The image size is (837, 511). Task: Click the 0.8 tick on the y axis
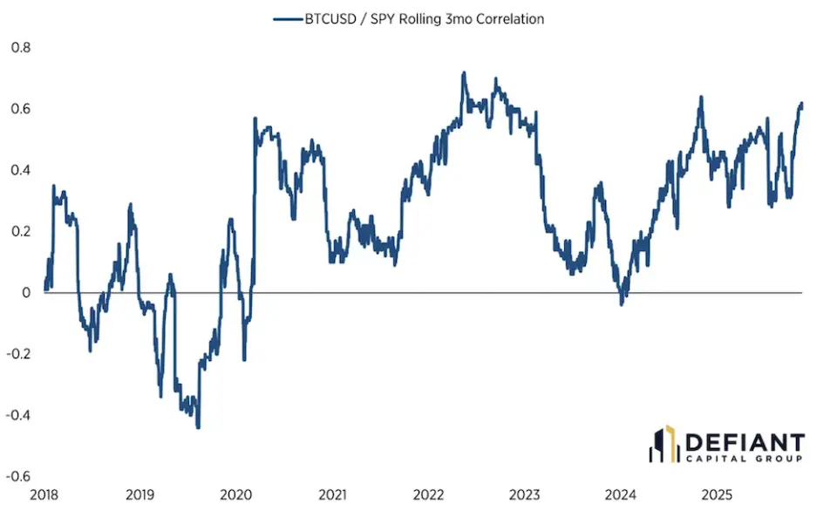tap(20, 47)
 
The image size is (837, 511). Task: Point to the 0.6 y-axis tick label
tap(20, 109)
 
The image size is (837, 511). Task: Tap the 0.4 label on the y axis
tap(20, 170)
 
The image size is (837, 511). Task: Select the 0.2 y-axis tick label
tap(20, 231)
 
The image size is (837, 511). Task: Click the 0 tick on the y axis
tap(25, 292)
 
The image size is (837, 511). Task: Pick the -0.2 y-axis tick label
tap(18, 354)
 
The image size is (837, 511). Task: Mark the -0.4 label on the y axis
tap(18, 415)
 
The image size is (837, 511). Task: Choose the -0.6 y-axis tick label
tap(18, 476)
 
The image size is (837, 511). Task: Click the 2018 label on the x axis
tap(44, 495)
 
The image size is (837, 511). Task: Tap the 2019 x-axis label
tap(140, 495)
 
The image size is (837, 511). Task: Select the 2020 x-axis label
tap(236, 495)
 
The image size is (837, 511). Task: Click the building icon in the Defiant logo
tap(662, 444)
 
